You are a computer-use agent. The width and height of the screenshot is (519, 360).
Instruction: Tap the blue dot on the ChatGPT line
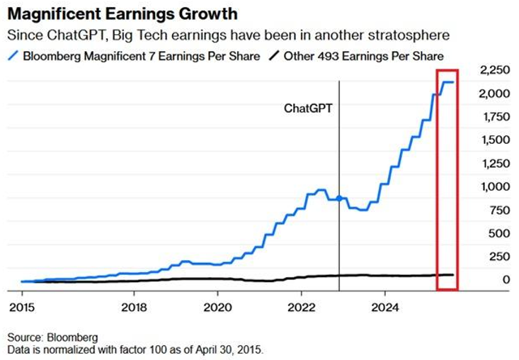tap(340, 198)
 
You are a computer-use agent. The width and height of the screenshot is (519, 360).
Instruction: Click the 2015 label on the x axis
tap(22, 308)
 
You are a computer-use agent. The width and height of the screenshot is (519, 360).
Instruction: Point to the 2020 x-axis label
tap(217, 308)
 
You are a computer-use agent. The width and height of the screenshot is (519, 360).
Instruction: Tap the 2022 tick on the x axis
tap(302, 308)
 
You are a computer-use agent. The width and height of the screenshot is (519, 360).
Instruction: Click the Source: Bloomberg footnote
tap(52, 337)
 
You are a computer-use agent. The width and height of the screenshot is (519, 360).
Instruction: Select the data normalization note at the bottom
tap(135, 350)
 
